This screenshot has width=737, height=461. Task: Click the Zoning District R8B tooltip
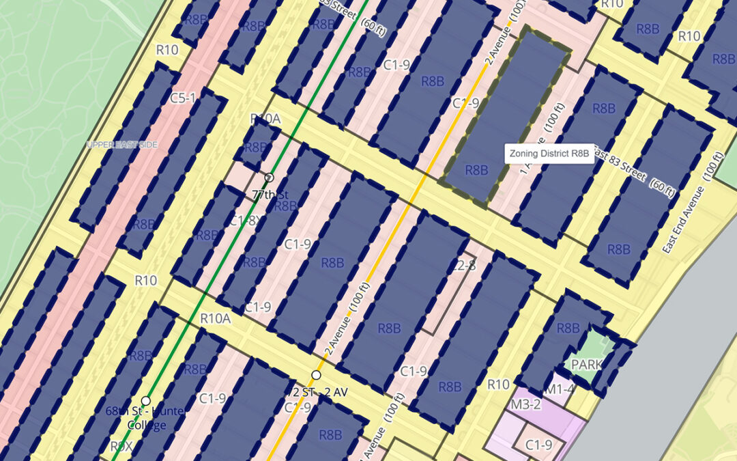click(549, 154)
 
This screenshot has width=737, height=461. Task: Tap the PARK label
click(586, 364)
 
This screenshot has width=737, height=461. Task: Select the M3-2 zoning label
click(525, 404)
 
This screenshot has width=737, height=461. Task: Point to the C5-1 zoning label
click(184, 98)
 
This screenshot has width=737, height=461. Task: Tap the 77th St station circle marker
click(269, 178)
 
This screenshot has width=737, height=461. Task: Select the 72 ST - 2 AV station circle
click(316, 375)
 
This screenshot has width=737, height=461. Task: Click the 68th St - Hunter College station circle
click(145, 400)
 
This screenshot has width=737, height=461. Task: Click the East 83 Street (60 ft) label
click(633, 172)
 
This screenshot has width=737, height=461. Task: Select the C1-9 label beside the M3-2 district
click(538, 445)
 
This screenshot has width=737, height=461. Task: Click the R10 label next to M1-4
click(499, 385)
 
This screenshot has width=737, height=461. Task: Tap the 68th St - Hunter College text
click(136, 417)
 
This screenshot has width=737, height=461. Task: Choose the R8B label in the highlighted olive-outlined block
click(477, 171)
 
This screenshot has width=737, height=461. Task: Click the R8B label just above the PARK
click(568, 328)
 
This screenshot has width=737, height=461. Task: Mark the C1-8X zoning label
click(245, 220)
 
